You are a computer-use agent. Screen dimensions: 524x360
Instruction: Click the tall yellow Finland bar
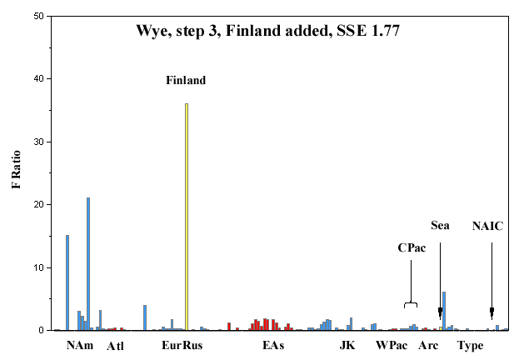point(187,217)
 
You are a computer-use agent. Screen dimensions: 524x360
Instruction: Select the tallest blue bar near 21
point(88,264)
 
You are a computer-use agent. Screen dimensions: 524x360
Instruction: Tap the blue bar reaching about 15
point(67,282)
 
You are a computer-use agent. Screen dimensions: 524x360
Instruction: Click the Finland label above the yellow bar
point(186,81)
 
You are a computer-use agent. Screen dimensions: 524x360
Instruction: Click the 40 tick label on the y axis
point(39,79)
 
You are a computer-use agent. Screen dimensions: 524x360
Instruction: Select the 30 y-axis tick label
point(39,142)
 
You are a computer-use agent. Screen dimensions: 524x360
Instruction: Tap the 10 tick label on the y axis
point(39,267)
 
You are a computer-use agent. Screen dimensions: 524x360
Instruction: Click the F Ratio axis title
point(16,169)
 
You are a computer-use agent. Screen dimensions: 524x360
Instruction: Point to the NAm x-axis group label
point(80,345)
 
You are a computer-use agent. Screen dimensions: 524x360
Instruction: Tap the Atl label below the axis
point(115,346)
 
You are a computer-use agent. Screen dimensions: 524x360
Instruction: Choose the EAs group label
point(273,345)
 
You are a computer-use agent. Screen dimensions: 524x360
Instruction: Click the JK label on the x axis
point(347,345)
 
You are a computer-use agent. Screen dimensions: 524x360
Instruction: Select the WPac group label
point(392,345)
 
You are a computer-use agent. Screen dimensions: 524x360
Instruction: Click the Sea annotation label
point(440,226)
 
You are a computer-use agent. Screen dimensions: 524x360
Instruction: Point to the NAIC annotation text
point(487,227)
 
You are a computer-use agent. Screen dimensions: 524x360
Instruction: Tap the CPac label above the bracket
point(412,248)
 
